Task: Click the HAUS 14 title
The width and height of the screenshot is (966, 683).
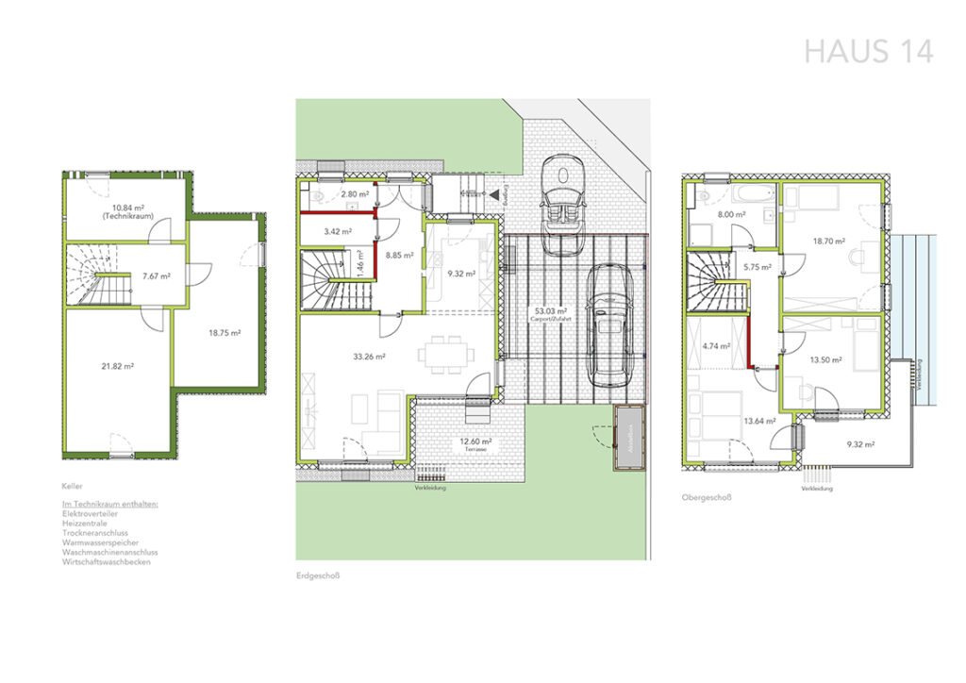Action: [x=868, y=51]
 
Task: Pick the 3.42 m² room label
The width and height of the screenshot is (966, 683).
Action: [x=337, y=230]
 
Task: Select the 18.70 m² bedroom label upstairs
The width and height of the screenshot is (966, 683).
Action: [x=829, y=241]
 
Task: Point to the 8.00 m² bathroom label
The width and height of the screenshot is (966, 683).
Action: [x=732, y=214]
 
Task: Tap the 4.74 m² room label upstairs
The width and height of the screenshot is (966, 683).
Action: [x=716, y=346]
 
